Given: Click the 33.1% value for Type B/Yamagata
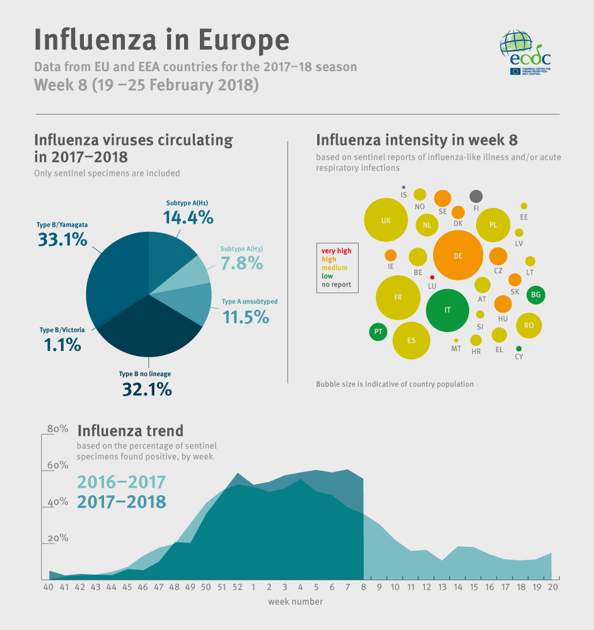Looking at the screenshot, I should tap(62, 239).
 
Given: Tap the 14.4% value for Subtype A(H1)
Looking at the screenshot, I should tap(188, 217).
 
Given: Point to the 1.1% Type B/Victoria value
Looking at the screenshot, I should tap(62, 345).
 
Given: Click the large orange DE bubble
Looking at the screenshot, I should tap(458, 255).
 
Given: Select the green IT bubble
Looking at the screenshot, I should tap(447, 310).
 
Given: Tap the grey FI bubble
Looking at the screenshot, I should tap(476, 196).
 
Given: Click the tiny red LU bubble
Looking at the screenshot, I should tap(432, 277).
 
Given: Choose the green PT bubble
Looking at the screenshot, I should tap(378, 331).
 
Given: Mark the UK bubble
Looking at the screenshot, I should tap(385, 220).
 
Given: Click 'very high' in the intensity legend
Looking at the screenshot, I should tap(336, 251).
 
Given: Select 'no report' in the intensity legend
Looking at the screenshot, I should tap(336, 285).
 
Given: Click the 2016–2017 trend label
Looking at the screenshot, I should tap(121, 483).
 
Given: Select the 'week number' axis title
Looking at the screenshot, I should tap(295, 602).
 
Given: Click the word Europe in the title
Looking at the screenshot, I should tap(244, 39).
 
